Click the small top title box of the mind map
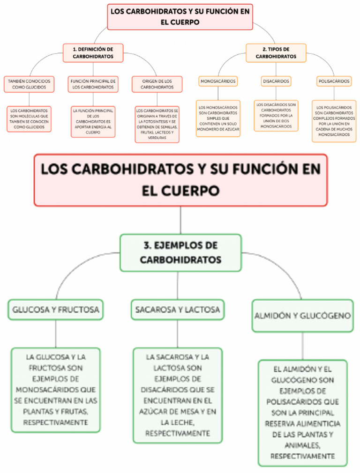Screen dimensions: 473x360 (180, 16)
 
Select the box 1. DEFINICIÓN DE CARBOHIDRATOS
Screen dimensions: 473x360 (93, 52)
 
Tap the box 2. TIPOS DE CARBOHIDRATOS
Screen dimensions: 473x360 (276, 52)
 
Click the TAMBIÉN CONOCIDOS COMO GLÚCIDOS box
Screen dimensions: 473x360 (29, 84)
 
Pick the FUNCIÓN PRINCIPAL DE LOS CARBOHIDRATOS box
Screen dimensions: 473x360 (93, 84)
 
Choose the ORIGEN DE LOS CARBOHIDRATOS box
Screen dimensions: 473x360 (157, 84)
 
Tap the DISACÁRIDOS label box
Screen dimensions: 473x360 (276, 81)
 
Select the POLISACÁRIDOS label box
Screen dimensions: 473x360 (334, 81)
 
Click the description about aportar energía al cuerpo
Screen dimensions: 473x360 (93, 121)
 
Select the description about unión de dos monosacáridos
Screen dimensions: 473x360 (276, 115)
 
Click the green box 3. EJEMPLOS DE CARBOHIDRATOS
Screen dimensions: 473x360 (180, 252)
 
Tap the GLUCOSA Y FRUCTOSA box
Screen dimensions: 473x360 (56, 310)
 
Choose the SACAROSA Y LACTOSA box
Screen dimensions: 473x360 (178, 310)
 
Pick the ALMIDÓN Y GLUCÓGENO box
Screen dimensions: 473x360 (302, 316)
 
